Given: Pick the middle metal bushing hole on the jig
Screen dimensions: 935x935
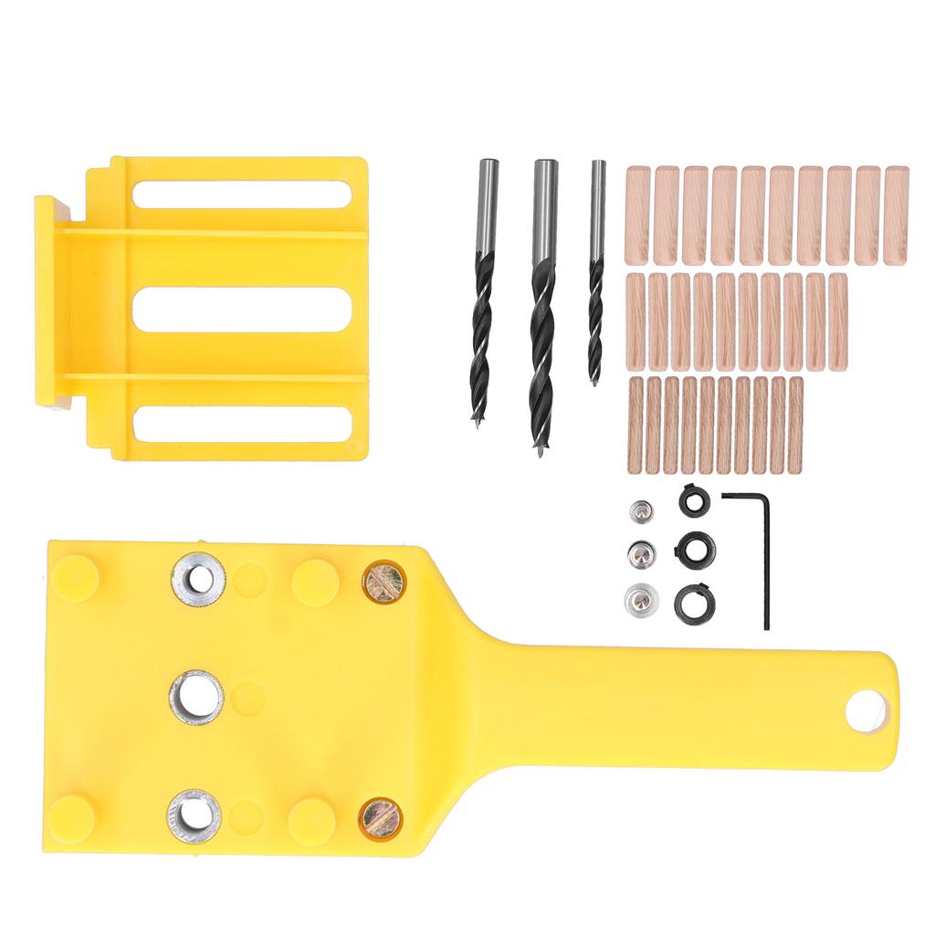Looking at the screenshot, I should point(196,698).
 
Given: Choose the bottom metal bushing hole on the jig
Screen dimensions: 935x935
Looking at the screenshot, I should point(194,814).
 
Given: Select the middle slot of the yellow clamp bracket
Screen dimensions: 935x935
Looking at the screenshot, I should point(242,310).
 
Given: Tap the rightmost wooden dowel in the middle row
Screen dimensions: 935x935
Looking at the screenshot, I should point(837,321).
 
